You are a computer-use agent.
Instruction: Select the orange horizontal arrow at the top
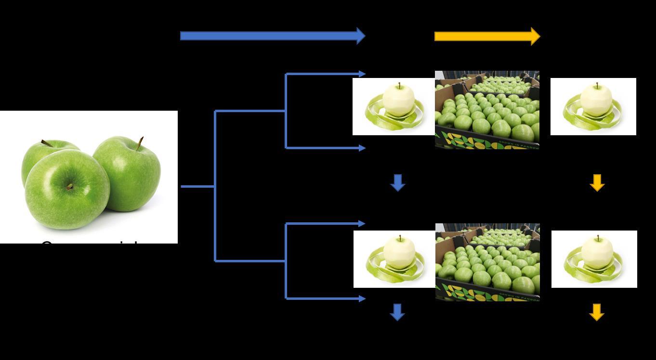coord(486,36)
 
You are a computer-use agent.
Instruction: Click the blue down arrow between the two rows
coord(397,183)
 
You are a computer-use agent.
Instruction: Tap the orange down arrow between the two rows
coord(597,183)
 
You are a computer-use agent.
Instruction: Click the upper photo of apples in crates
coord(487,110)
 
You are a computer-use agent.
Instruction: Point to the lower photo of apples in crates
coord(487,262)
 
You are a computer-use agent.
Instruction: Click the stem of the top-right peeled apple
coord(597,86)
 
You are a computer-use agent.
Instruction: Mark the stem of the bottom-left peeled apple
coord(400,238)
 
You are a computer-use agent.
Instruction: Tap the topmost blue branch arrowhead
coord(362,74)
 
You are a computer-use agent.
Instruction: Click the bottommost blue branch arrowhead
coord(362,298)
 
